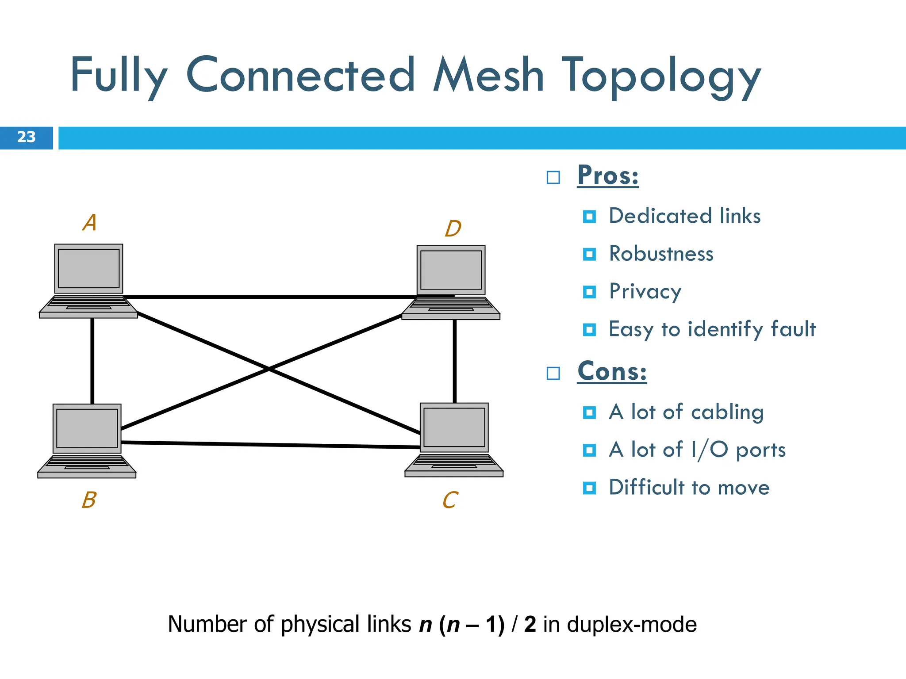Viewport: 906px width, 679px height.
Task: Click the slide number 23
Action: [26, 137]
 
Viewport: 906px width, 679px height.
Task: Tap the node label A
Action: [90, 222]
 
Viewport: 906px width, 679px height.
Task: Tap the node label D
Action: [453, 229]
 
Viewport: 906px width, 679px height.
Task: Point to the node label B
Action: [89, 500]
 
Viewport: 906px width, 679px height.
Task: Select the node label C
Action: [450, 500]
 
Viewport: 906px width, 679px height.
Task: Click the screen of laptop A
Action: [88, 268]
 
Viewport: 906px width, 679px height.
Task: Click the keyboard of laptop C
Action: [454, 462]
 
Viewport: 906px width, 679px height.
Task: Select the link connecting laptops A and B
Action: [92, 360]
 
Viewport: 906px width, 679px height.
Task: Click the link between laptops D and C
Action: [454, 360]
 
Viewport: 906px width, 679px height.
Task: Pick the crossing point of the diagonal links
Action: [269, 369]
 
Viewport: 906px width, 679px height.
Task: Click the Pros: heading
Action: [608, 175]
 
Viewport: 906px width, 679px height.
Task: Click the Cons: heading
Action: [612, 371]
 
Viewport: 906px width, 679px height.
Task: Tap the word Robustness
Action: [661, 254]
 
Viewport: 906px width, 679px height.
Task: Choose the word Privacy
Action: [645, 292]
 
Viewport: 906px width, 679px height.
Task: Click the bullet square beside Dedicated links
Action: [589, 217]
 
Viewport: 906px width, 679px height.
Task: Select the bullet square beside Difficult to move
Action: [589, 488]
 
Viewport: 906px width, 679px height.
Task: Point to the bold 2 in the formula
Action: [530, 625]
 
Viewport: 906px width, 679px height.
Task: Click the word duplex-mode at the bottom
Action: [632, 625]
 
